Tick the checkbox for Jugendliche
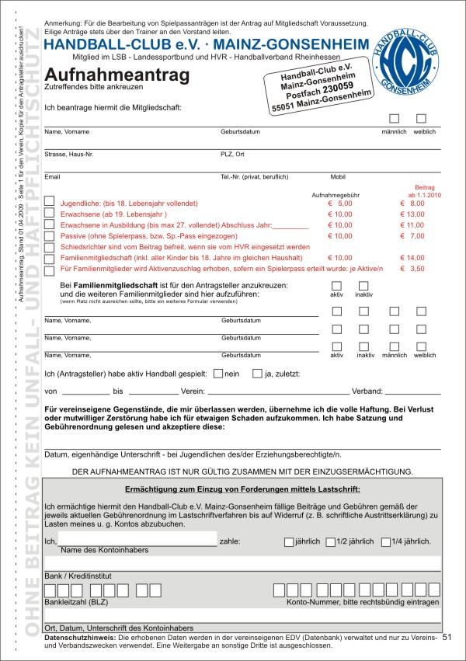[x=50, y=201]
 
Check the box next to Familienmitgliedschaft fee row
[x=50, y=256]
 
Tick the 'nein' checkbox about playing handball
[x=218, y=372]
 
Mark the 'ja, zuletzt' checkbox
[x=258, y=372]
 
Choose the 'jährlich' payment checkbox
[x=289, y=541]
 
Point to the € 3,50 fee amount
[x=412, y=268]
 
